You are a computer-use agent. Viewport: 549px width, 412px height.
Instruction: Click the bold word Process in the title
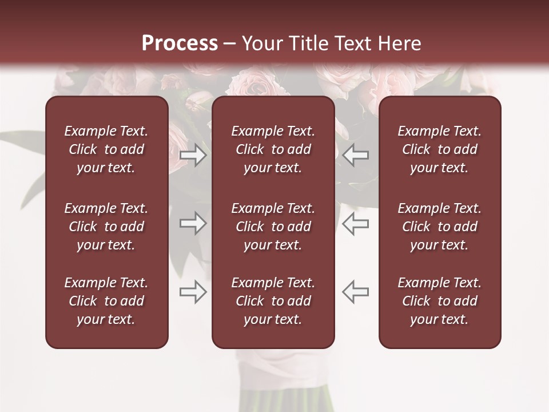click(x=180, y=43)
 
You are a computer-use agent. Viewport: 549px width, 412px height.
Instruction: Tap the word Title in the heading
click(x=309, y=43)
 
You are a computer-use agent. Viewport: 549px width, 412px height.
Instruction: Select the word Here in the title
click(x=398, y=43)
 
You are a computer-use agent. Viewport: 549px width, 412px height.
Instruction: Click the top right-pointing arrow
click(x=193, y=155)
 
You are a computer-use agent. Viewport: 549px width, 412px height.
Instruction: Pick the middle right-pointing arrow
click(x=193, y=224)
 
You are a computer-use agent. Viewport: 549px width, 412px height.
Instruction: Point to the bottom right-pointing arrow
click(x=193, y=292)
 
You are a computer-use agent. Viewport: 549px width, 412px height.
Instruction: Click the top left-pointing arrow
click(x=356, y=155)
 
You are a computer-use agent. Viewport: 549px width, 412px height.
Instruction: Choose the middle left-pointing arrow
click(x=356, y=224)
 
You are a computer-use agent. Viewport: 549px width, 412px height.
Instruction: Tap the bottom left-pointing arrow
click(x=356, y=292)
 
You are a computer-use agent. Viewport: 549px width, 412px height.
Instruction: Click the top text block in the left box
click(x=106, y=149)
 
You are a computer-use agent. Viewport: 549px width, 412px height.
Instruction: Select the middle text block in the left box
click(x=106, y=227)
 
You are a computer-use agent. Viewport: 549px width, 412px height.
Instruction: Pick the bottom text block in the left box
click(x=106, y=301)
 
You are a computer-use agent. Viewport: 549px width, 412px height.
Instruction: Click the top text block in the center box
click(x=273, y=149)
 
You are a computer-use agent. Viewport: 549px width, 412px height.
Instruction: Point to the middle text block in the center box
click(x=273, y=227)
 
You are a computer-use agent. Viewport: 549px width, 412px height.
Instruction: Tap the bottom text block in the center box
click(x=273, y=301)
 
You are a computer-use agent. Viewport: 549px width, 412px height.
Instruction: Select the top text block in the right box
click(x=439, y=149)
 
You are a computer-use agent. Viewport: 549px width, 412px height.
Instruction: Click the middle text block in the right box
click(x=439, y=227)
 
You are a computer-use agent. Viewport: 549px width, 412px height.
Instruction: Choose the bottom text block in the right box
click(x=439, y=301)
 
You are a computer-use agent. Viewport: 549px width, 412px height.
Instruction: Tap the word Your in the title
click(x=261, y=43)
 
